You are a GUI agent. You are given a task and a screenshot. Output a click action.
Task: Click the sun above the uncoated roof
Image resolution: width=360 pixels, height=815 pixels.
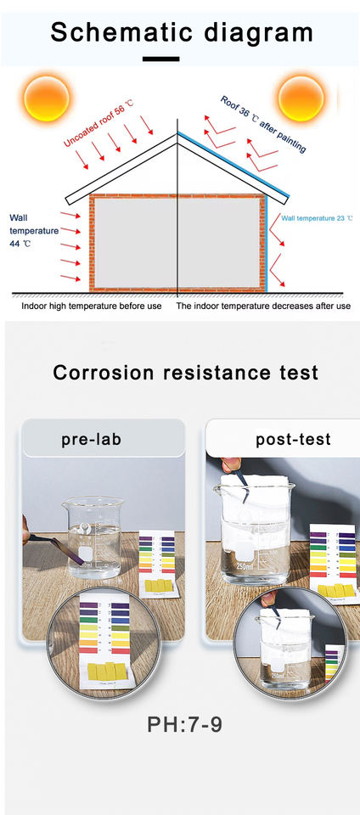click(x=46, y=98)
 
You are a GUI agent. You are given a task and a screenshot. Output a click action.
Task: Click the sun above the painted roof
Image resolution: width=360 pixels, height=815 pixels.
click(x=301, y=98)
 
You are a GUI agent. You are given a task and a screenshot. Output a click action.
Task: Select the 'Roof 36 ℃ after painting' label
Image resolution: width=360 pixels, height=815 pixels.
click(x=263, y=124)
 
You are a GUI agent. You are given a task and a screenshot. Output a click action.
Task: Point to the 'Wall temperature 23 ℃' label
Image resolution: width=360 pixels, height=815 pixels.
click(x=317, y=218)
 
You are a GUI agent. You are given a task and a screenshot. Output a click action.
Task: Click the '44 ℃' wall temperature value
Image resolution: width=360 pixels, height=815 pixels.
click(x=20, y=244)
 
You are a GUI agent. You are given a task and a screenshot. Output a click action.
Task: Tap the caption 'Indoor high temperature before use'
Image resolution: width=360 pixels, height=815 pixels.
click(x=92, y=306)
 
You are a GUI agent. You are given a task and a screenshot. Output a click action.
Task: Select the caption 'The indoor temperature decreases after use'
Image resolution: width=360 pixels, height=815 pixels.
click(x=263, y=306)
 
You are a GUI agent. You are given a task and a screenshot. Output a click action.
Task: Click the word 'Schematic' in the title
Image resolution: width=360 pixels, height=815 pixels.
click(x=122, y=32)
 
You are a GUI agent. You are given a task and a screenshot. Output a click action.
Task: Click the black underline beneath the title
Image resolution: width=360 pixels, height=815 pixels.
click(x=161, y=59)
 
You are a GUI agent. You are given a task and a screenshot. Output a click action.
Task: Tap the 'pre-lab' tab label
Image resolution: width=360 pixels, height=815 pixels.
click(x=92, y=439)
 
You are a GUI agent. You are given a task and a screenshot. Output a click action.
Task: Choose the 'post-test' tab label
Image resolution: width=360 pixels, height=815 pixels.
click(x=293, y=439)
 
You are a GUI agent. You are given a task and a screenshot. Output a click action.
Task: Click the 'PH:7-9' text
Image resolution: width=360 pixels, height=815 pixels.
click(x=185, y=724)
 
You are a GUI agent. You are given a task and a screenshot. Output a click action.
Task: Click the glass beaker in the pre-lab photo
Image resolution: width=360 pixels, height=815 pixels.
click(x=93, y=537)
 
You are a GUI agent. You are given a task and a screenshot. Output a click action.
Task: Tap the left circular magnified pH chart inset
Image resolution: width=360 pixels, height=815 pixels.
click(x=104, y=644)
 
